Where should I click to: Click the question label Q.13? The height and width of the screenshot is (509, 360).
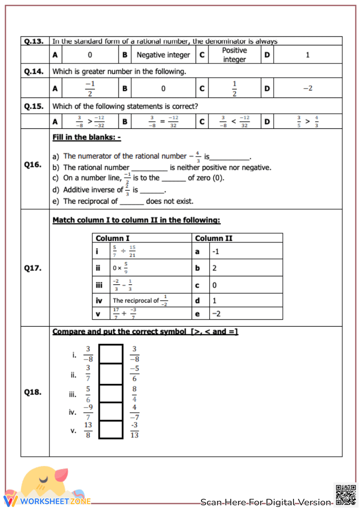[34, 41]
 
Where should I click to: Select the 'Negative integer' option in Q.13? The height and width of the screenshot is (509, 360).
[163, 55]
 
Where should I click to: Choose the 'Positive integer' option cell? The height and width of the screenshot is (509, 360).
[234, 55]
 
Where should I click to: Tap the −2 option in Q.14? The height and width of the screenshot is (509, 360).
[307, 88]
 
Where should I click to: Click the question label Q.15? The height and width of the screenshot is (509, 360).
[34, 106]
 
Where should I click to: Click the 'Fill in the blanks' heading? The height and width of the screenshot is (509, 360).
[86, 137]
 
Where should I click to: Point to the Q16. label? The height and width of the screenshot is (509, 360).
[33, 165]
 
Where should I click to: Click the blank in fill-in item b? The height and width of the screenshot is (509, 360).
[149, 168]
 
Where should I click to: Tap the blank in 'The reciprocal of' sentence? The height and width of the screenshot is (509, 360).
[132, 202]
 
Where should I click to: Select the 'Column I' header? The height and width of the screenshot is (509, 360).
[113, 238]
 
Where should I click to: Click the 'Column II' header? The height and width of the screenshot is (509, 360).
[213, 238]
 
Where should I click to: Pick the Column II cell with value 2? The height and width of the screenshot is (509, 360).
[215, 268]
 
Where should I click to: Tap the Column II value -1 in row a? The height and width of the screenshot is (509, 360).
[216, 252]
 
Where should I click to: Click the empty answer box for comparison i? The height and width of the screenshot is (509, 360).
[111, 354]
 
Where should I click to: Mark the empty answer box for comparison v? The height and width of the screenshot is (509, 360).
[111, 429]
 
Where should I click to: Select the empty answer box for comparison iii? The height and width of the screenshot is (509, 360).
[111, 393]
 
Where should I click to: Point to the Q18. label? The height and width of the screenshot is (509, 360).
[33, 392]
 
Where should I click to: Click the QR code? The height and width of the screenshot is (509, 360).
[346, 495]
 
